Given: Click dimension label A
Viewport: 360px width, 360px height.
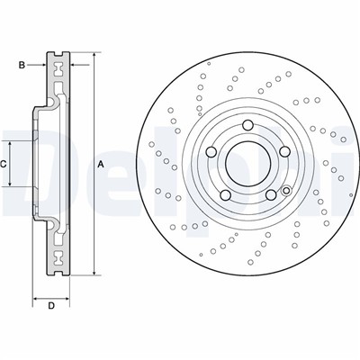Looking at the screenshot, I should pos(101,164).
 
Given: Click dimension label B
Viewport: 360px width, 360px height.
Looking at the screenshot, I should pos(22,64).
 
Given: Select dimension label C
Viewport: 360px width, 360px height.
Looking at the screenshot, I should pos(4,164).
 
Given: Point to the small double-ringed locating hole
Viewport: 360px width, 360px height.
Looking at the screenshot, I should pos(285,190).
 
